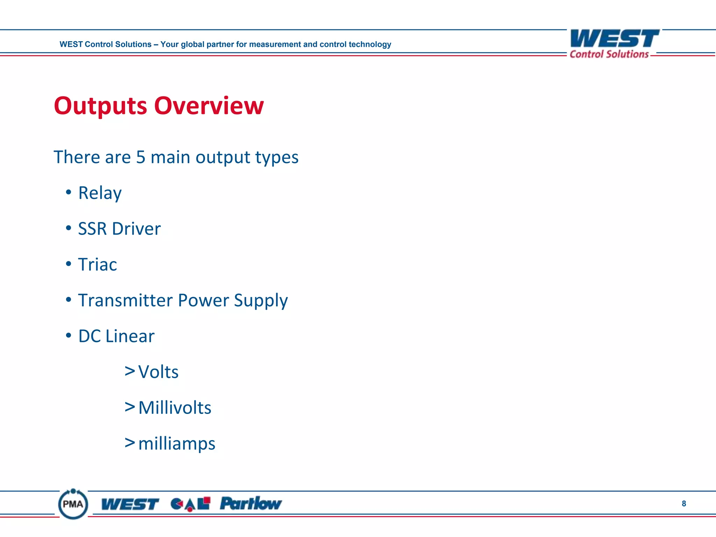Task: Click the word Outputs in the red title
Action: click(x=100, y=106)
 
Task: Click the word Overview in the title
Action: click(x=209, y=106)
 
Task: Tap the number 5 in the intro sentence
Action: click(x=141, y=157)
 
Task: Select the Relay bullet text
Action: click(x=100, y=193)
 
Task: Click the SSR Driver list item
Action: click(x=119, y=229)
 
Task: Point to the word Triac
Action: click(x=97, y=265)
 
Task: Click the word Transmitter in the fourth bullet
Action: click(x=125, y=300)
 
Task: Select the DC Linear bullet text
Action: click(x=116, y=336)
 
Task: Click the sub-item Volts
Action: click(x=158, y=372)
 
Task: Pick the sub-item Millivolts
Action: click(x=174, y=408)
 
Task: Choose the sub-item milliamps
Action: click(x=177, y=444)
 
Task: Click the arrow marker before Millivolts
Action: click(x=130, y=407)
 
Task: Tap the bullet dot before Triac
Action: click(x=69, y=264)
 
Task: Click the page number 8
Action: click(x=683, y=504)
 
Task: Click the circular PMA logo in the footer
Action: click(x=73, y=504)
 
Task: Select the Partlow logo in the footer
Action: click(x=250, y=504)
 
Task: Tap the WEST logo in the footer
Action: click(x=130, y=504)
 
